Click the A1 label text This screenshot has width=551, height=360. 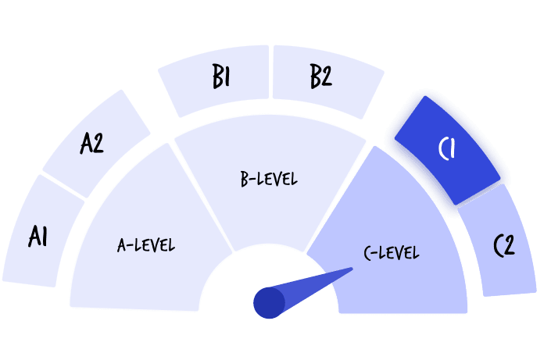(x=38, y=236)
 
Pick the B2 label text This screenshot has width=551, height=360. (x=320, y=78)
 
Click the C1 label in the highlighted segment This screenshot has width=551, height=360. (x=446, y=148)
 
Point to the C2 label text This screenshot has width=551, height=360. (x=504, y=245)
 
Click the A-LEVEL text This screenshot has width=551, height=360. (x=146, y=245)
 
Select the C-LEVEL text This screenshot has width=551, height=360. (x=392, y=253)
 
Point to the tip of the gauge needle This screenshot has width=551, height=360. (x=351, y=270)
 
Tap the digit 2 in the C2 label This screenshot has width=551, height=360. (x=510, y=246)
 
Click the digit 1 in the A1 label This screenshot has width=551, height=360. (x=45, y=236)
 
